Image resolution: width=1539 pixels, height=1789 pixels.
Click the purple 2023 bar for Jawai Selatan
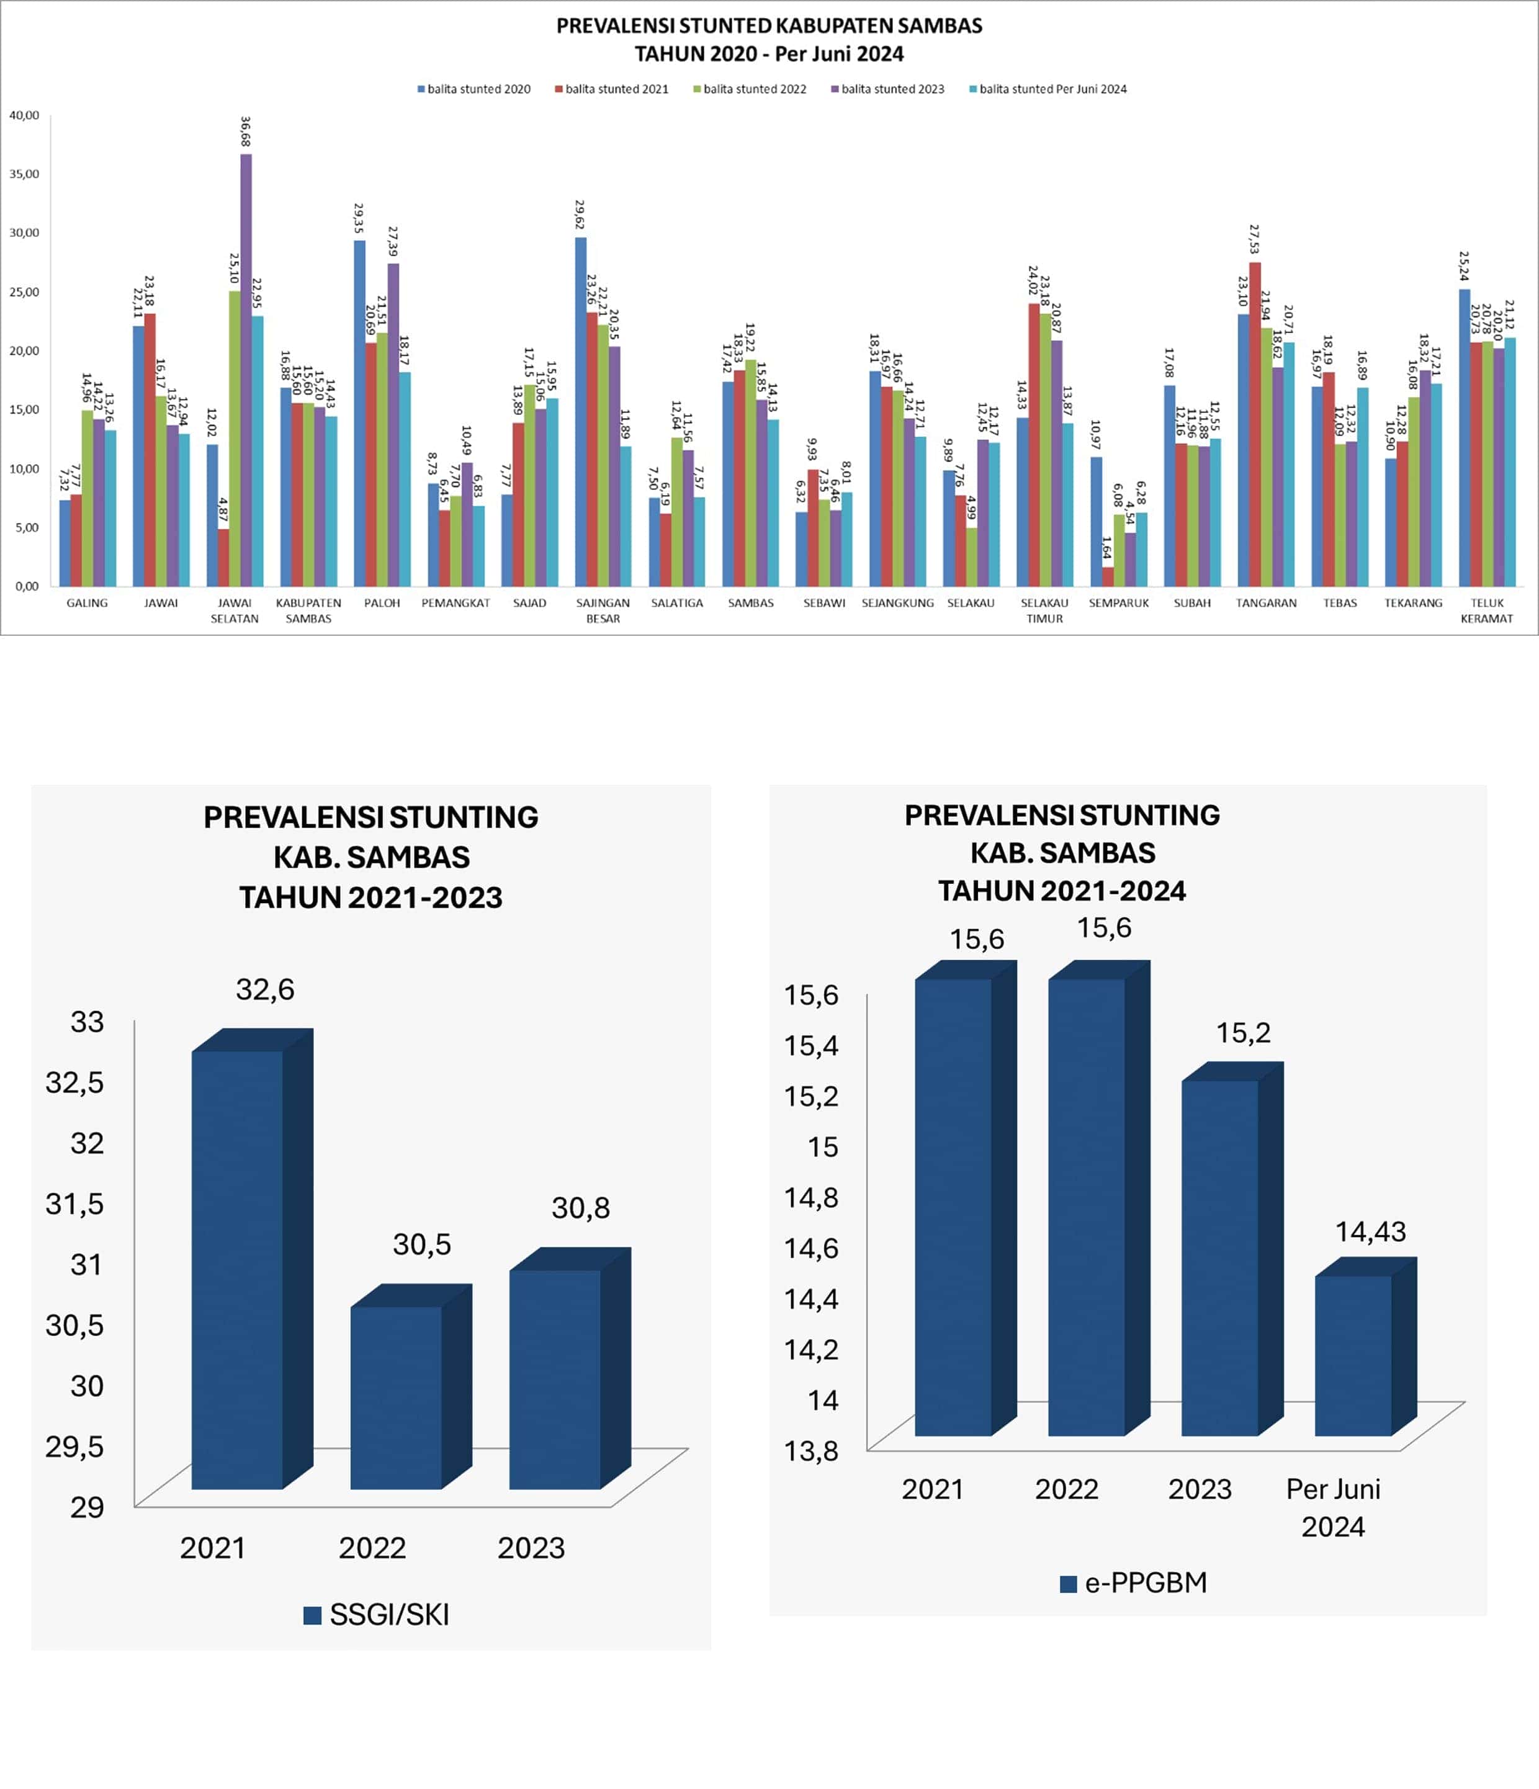(246, 372)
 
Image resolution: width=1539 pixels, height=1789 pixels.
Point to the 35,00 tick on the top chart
(24, 174)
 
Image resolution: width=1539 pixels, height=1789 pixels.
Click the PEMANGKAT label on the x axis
(455, 603)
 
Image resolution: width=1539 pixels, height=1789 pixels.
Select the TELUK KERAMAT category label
(1486, 610)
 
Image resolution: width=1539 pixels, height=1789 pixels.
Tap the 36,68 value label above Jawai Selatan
(245, 132)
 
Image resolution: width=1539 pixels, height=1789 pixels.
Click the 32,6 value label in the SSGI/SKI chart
(265, 989)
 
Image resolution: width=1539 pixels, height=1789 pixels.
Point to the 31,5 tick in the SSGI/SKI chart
(74, 1203)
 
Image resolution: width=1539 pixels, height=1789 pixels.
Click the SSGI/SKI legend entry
(377, 1615)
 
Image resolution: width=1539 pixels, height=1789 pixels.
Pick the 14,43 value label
(1371, 1232)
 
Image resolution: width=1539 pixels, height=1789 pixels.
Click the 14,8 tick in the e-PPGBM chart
(811, 1198)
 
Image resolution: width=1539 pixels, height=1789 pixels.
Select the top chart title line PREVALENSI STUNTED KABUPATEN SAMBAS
(769, 26)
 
